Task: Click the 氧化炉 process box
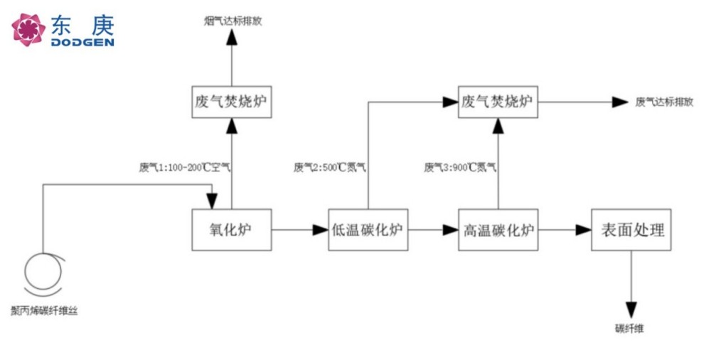click(x=232, y=230)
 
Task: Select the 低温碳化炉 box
click(x=368, y=230)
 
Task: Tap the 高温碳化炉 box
click(x=498, y=230)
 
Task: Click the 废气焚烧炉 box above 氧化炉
click(x=232, y=102)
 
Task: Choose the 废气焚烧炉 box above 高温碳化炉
click(x=497, y=102)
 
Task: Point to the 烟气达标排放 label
click(x=232, y=21)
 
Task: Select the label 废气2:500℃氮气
click(x=330, y=169)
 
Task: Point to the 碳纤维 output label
click(x=630, y=329)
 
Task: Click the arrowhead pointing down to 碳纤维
click(x=631, y=309)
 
